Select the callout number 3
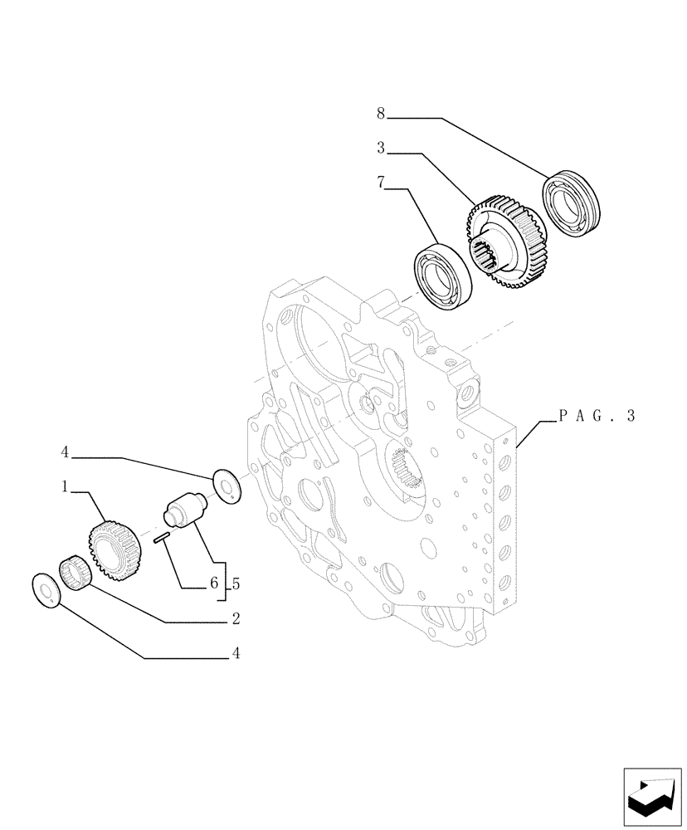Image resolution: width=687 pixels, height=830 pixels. point(380,149)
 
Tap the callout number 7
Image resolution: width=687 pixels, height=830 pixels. point(380,183)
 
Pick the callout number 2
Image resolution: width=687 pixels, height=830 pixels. point(236,618)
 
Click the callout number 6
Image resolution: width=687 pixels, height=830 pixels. point(214,584)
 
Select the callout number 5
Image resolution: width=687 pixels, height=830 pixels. point(236,584)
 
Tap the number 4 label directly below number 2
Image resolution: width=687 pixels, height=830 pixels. point(236,654)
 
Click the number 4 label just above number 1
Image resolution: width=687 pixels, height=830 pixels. point(64,453)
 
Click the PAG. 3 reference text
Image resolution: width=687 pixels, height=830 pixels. point(596,417)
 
